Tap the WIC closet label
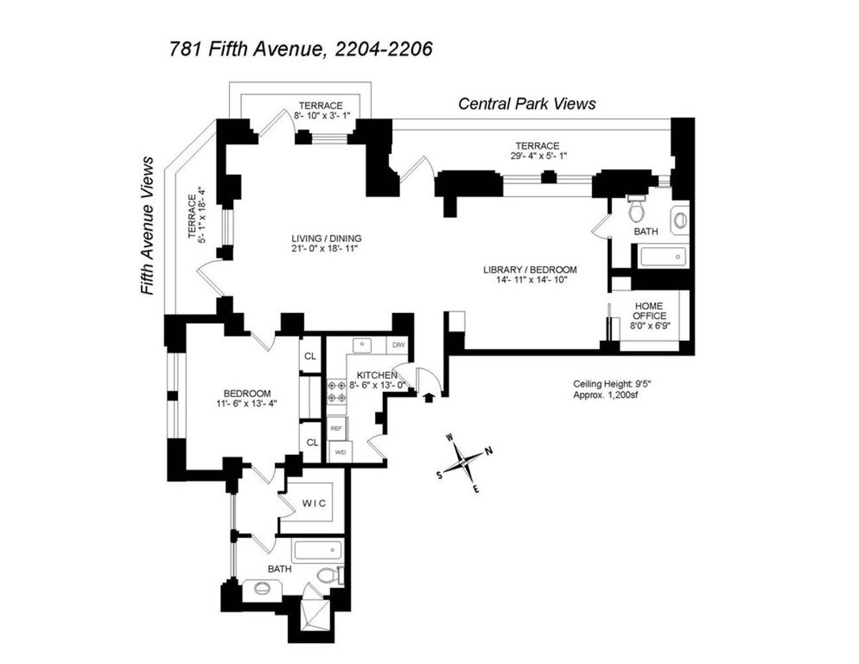(x=313, y=504)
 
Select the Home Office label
(x=649, y=310)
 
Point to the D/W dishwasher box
(x=399, y=345)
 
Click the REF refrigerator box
(x=336, y=428)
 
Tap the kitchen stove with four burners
(x=336, y=393)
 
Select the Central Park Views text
(x=526, y=104)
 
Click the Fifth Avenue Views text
(x=148, y=226)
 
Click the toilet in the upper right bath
(x=635, y=209)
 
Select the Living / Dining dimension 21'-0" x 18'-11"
(x=326, y=249)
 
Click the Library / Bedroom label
(x=530, y=270)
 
